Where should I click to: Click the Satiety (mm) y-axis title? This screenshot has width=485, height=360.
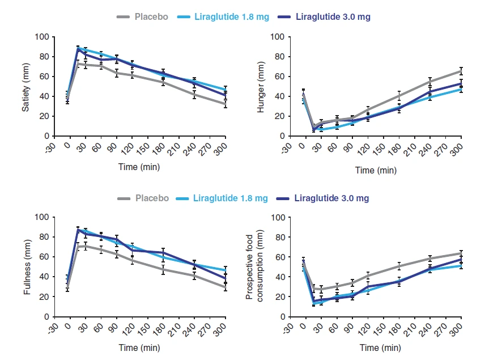click(x=26, y=86)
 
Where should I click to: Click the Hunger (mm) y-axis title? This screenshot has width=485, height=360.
click(x=261, y=87)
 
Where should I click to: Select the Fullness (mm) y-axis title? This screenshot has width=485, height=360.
click(x=26, y=266)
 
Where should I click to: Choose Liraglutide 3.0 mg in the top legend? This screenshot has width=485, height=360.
click(x=333, y=17)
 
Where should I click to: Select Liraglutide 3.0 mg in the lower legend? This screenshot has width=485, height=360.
click(x=333, y=198)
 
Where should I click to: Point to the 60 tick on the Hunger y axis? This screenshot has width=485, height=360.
click(x=279, y=77)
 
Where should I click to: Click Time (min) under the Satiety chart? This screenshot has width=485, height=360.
click(x=139, y=167)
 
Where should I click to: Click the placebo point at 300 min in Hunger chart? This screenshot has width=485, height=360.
click(x=461, y=71)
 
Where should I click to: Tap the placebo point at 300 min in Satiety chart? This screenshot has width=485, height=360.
click(x=226, y=104)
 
